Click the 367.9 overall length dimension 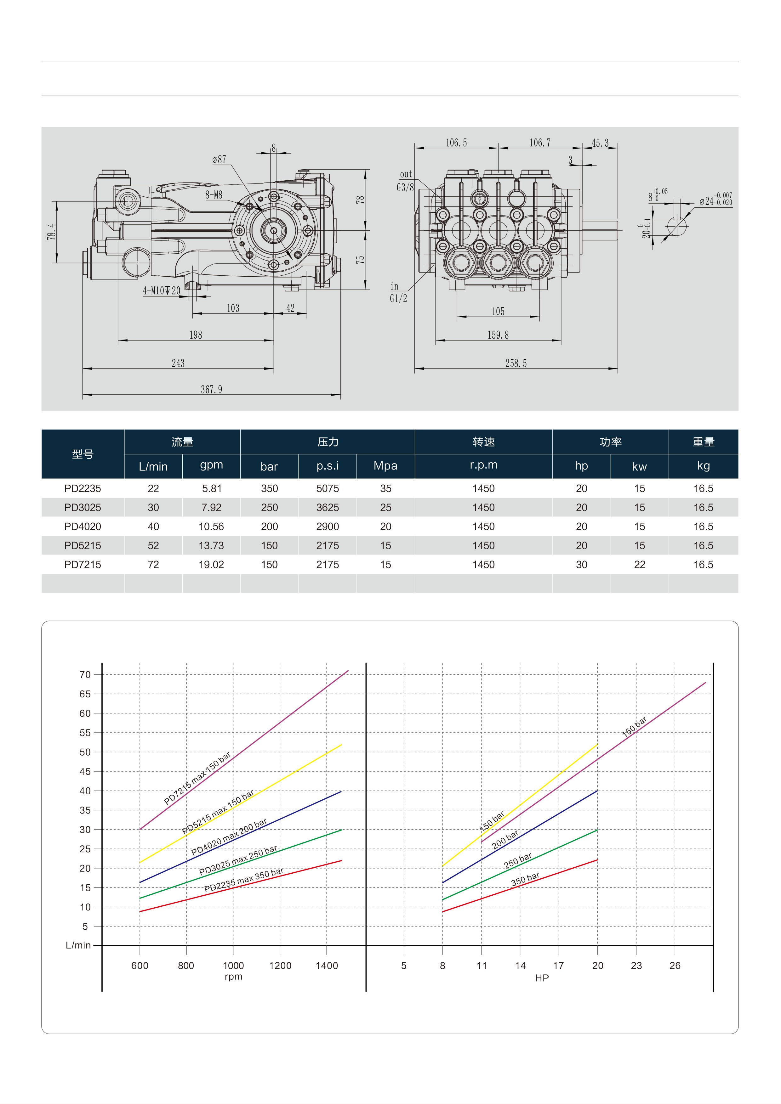tap(211, 390)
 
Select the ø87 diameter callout tap(219, 160)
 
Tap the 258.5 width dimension tap(516, 363)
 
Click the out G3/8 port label tap(405, 181)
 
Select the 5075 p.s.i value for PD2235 tap(328, 488)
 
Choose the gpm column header tap(211, 465)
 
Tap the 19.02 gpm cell tap(211, 565)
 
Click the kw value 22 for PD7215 tap(640, 565)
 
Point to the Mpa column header tap(385, 465)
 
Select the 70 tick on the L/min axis tap(85, 675)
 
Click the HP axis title tap(542, 978)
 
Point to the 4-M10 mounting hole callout tap(162, 290)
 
